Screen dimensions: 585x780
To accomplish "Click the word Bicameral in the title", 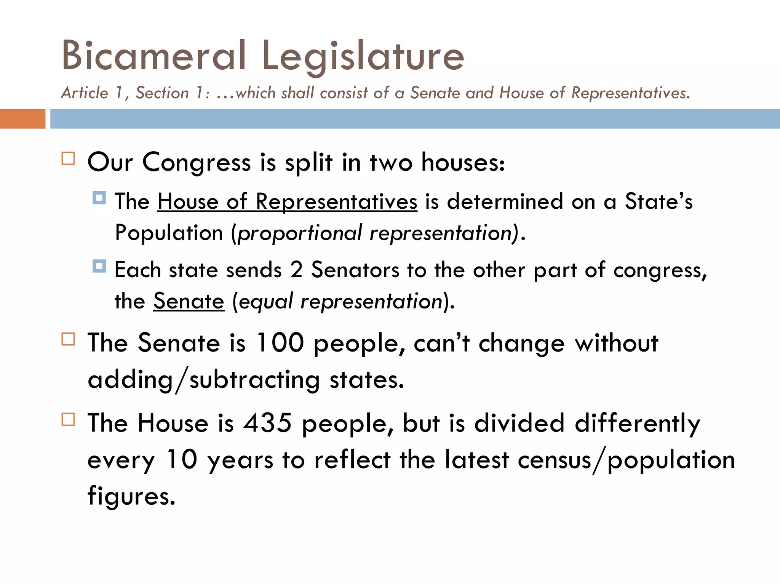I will [x=153, y=56].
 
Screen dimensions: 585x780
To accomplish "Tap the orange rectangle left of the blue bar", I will [x=22, y=119].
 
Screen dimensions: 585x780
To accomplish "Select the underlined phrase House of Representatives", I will [x=287, y=201].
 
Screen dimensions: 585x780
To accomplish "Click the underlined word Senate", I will [x=189, y=301].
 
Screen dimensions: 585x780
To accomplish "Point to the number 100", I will [x=280, y=343].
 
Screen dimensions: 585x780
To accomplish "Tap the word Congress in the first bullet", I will [x=196, y=163].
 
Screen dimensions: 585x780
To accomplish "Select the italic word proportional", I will [x=299, y=233].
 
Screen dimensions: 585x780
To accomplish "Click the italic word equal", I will [x=266, y=302].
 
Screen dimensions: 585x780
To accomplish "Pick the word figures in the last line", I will [x=131, y=496].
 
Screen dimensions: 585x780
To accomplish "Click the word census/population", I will [x=626, y=460].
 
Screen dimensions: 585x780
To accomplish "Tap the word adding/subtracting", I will [x=204, y=380].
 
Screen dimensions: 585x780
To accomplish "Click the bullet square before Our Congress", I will [x=68, y=158].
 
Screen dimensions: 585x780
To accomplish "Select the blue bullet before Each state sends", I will [x=99, y=266].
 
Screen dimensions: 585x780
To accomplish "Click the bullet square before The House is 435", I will [x=68, y=419].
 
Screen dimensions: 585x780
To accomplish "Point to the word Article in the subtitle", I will [x=85, y=93].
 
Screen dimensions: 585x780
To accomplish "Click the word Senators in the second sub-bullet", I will [x=355, y=270].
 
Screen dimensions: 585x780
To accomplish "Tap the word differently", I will [x=637, y=424].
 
